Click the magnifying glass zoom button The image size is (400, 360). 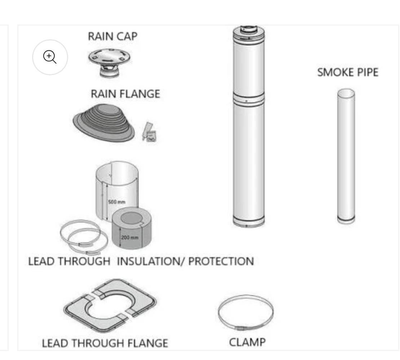(50, 57)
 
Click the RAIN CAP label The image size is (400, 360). (113, 36)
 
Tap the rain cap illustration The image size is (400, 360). (109, 62)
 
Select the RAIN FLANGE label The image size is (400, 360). (126, 94)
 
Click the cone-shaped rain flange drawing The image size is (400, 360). (104, 123)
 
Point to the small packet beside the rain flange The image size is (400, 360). (149, 132)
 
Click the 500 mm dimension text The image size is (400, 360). (117, 202)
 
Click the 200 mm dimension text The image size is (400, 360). (130, 237)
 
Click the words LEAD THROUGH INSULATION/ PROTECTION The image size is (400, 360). (141, 261)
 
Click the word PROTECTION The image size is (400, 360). (221, 261)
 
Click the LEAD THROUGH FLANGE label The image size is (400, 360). (105, 343)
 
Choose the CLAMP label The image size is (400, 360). (247, 342)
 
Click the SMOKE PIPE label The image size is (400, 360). (348, 72)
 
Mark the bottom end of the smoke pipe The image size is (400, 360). (346, 221)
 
